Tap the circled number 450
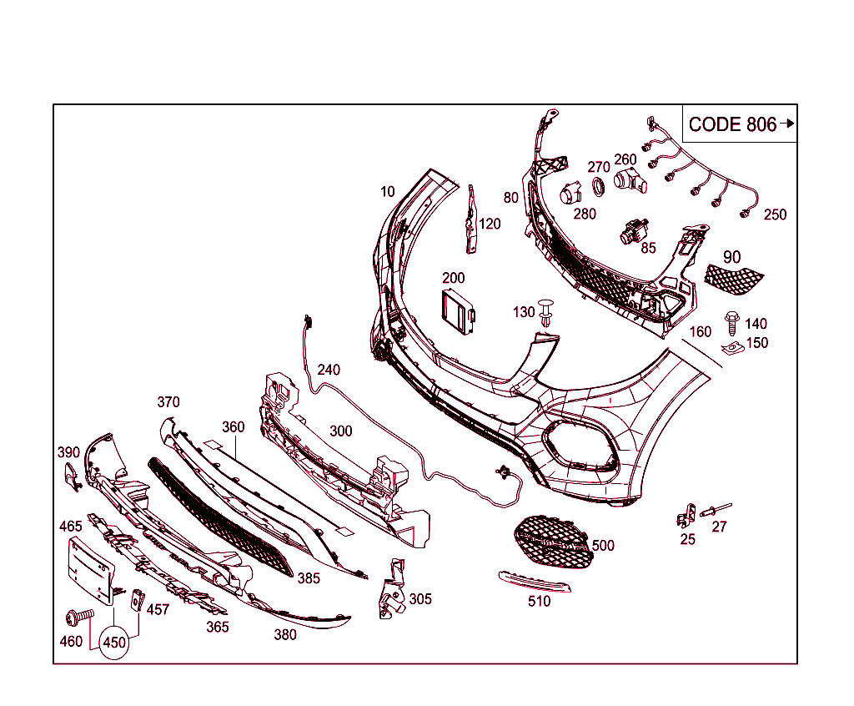pyautogui.click(x=114, y=643)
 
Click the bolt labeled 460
pyautogui.click(x=78, y=617)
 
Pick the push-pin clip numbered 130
pyautogui.click(x=546, y=311)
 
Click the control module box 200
pyautogui.click(x=458, y=313)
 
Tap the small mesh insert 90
pyautogui.click(x=735, y=276)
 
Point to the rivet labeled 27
pyautogui.click(x=718, y=509)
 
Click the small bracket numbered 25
pyautogui.click(x=686, y=515)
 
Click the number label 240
pyautogui.click(x=329, y=370)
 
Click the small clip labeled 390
pyautogui.click(x=70, y=477)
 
